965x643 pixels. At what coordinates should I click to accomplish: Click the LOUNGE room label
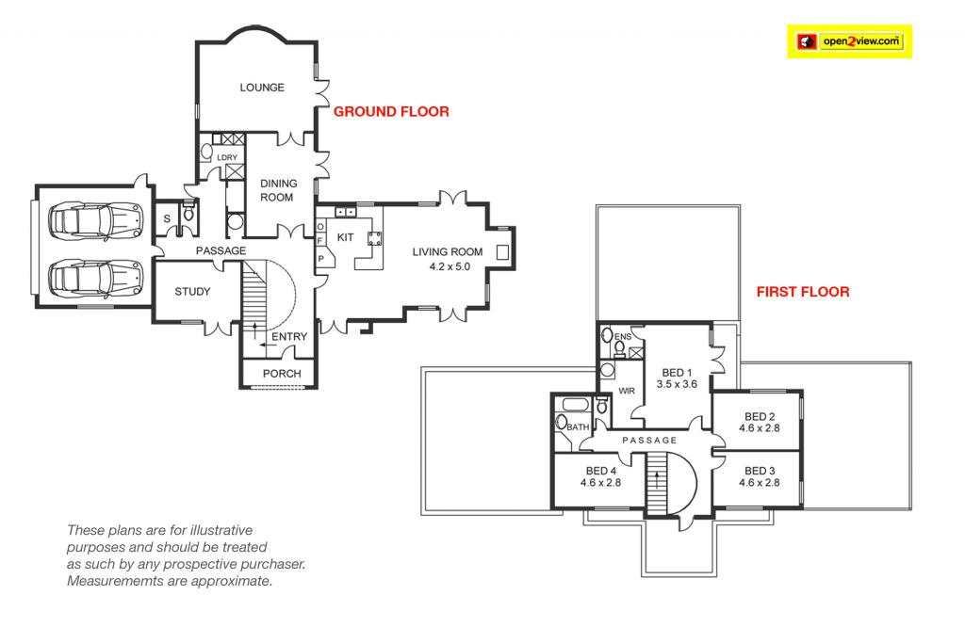click(x=262, y=88)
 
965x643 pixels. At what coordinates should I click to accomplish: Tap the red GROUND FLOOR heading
click(x=391, y=111)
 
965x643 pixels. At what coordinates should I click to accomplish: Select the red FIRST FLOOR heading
click(x=803, y=292)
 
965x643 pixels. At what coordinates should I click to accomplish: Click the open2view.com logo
click(x=849, y=41)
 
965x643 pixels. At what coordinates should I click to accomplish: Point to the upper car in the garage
click(x=96, y=221)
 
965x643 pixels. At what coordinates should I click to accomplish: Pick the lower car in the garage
click(x=96, y=279)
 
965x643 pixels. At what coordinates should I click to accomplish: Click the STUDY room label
click(x=192, y=292)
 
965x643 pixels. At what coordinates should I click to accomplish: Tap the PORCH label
click(x=282, y=373)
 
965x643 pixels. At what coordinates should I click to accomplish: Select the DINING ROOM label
click(x=278, y=190)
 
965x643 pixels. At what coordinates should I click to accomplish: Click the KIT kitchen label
click(x=345, y=237)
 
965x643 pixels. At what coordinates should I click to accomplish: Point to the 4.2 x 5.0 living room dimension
click(x=450, y=266)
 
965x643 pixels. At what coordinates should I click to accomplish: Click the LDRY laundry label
click(x=227, y=157)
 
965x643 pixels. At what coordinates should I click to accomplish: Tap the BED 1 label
click(x=677, y=373)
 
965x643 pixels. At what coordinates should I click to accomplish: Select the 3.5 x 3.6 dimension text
click(x=677, y=384)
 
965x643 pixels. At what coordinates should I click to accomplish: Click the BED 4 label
click(x=600, y=471)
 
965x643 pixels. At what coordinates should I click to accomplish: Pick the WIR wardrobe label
click(x=627, y=391)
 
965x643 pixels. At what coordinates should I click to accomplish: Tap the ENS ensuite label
click(x=623, y=337)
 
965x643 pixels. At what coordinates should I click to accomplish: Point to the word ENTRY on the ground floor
click(x=289, y=337)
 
